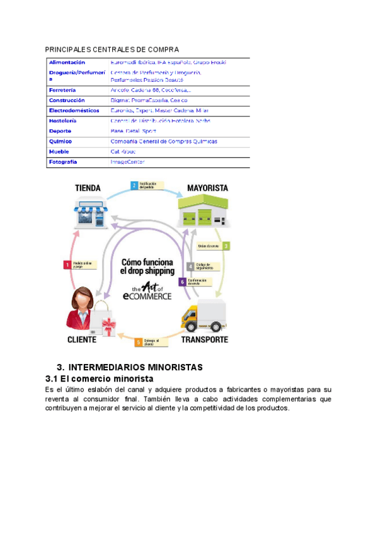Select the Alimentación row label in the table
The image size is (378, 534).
click(67, 62)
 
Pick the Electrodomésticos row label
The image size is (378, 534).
click(74, 110)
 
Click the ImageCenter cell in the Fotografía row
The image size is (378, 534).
click(127, 162)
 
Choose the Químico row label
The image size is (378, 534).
click(60, 142)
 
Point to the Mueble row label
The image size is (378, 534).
click(59, 152)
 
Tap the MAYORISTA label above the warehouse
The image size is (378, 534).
click(207, 188)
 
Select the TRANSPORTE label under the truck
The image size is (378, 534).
click(205, 339)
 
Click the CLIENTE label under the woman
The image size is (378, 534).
click(81, 339)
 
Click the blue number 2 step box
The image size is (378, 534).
click(134, 186)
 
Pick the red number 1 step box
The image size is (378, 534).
click(67, 265)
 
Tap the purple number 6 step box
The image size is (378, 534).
click(183, 281)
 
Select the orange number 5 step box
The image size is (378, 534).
click(138, 342)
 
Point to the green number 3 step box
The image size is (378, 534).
click(226, 246)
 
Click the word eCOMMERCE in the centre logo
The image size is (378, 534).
click(147, 295)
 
